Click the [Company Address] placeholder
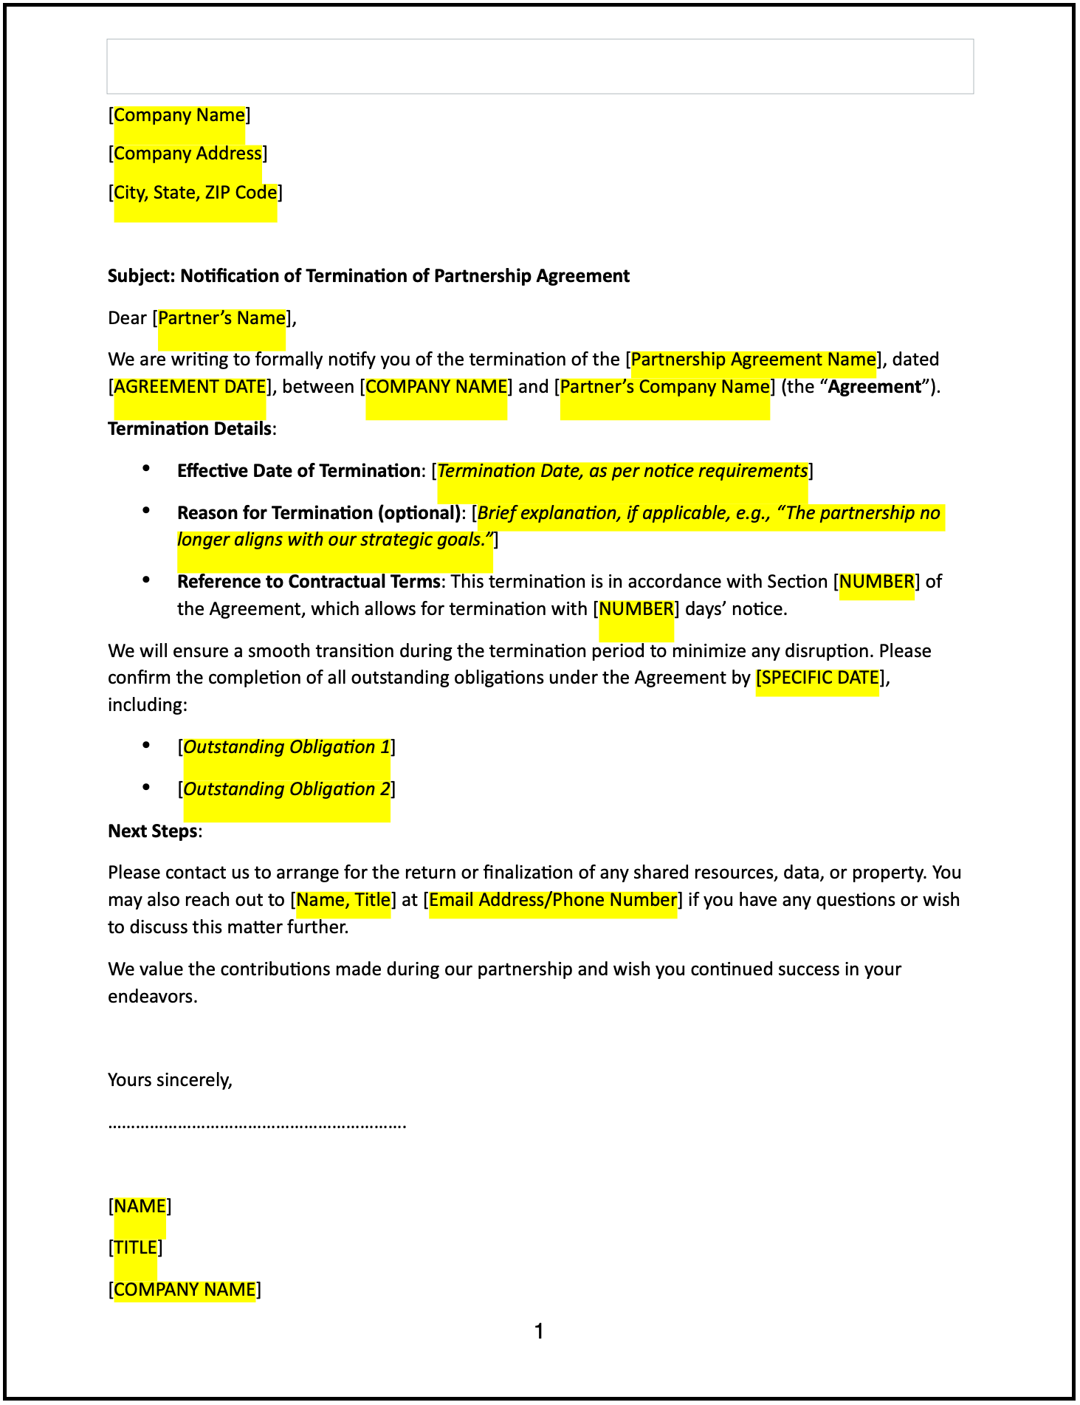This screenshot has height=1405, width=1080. coord(188,154)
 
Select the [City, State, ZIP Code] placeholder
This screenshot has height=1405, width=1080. coord(196,193)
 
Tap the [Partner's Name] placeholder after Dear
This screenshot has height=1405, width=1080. coord(221,318)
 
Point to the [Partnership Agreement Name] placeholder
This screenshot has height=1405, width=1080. coord(753,360)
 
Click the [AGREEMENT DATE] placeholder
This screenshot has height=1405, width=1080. coord(190,387)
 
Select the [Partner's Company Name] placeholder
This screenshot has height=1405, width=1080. coord(664,387)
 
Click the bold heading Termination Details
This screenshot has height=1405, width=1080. coord(190,429)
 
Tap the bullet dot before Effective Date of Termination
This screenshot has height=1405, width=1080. coord(146,468)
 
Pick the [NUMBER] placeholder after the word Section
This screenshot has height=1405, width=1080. coord(877,582)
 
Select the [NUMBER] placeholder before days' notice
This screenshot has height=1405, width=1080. coord(636,609)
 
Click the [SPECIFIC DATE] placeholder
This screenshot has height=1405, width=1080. coord(818,678)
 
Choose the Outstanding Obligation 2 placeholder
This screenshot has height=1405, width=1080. coord(286,789)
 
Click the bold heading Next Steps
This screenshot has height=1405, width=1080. coord(153,831)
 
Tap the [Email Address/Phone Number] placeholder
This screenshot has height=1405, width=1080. coord(553,900)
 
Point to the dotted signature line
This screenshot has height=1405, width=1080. coord(257,1125)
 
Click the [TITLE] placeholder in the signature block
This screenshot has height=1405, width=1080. coord(136,1248)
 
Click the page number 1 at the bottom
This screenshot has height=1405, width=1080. coord(540,1332)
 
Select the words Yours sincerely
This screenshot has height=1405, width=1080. coord(170,1080)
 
